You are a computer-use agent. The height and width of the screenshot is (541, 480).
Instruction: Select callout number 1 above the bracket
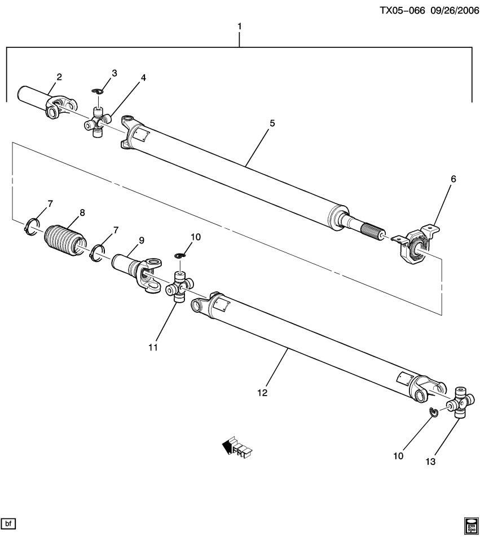pyautogui.click(x=240, y=26)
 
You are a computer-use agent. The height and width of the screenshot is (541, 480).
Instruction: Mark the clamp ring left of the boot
pyautogui.click(x=33, y=226)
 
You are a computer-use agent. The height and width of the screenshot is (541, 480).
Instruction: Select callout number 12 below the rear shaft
pyautogui.click(x=262, y=392)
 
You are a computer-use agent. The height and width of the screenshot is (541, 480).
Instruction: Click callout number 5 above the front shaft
pyautogui.click(x=272, y=123)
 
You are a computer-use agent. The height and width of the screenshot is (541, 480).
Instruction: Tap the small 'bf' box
pyautogui.click(x=8, y=524)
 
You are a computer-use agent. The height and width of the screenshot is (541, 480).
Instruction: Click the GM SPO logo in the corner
pyautogui.click(x=470, y=525)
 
